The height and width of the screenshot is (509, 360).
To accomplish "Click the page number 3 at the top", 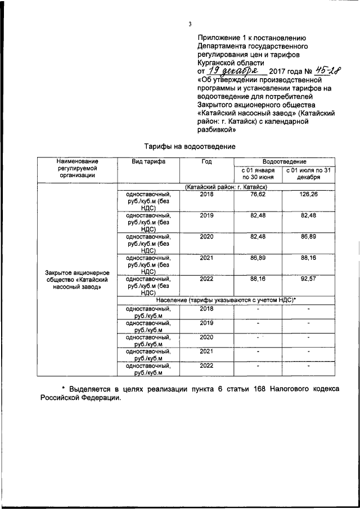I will pos(190,24).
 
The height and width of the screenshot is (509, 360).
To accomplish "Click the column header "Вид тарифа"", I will pos(148,161).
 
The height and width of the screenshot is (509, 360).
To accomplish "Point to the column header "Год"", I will pos(206,161).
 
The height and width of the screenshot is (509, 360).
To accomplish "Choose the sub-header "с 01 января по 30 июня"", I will pos(258,173).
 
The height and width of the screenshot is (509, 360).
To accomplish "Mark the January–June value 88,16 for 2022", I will pos(258,278).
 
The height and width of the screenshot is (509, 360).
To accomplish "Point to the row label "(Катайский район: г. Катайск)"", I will pos(225,186).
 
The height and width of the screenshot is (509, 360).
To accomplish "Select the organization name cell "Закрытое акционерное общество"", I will pos(76,279).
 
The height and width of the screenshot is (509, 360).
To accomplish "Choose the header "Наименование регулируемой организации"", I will pos(76,168).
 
